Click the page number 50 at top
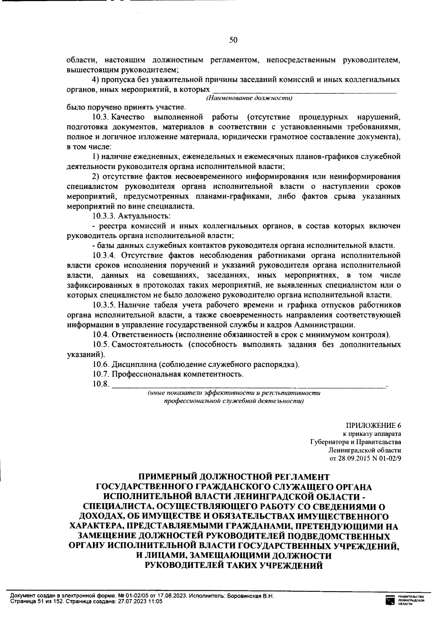click(233, 40)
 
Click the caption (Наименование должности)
click(249, 98)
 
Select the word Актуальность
click(142, 216)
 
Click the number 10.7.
click(101, 374)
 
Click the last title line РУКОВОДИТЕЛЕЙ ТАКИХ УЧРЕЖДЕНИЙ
click(233, 565)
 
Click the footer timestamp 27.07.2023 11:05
click(141, 601)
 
